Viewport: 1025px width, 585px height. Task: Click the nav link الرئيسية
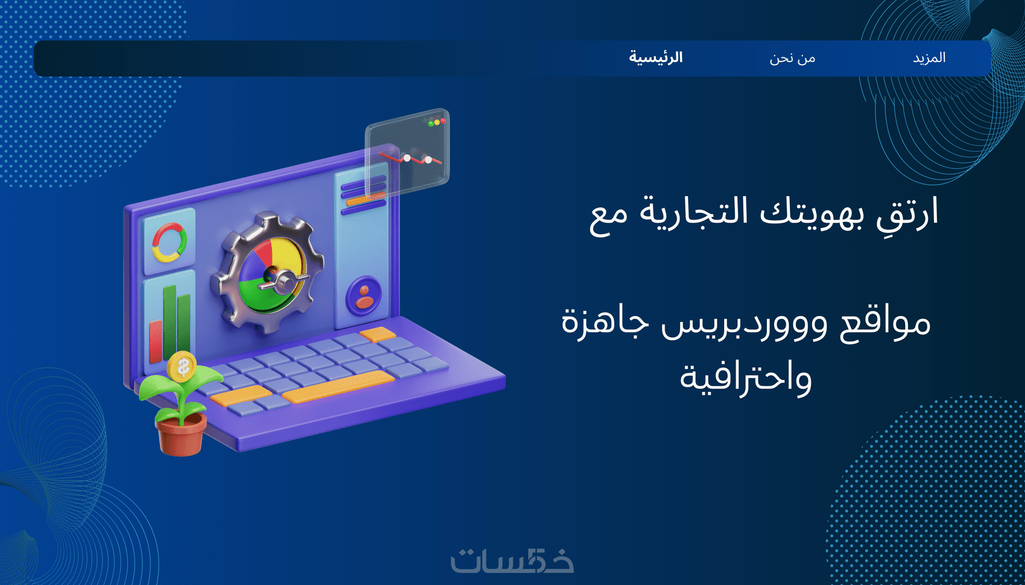pos(656,58)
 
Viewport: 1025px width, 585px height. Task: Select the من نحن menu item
pos(792,58)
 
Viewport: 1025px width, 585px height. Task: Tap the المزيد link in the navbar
pos(929,58)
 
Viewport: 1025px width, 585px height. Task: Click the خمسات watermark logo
pos(512,560)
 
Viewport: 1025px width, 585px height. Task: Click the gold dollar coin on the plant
pos(182,366)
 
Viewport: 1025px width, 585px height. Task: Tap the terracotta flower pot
pos(181,435)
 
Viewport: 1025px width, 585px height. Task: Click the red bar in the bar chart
pos(156,341)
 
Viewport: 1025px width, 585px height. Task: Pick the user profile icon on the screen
pos(364,296)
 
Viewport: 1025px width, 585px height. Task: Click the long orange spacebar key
pos(338,387)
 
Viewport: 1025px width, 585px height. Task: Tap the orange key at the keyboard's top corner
pos(377,335)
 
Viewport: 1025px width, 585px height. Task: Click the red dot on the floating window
pos(443,121)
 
